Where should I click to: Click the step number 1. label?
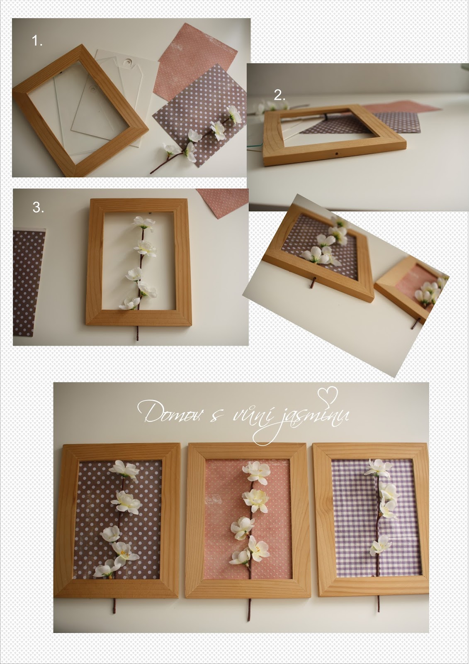click(x=37, y=40)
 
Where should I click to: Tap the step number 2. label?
click(x=279, y=95)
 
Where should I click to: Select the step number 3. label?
click(x=38, y=207)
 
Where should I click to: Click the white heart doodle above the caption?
click(x=327, y=396)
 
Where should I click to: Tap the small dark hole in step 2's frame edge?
click(x=337, y=154)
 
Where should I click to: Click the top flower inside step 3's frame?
click(x=144, y=224)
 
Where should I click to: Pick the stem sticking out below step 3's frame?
click(x=137, y=333)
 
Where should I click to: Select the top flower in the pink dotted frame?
click(x=256, y=471)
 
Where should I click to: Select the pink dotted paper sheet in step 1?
click(x=196, y=61)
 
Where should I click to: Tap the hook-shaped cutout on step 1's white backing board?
click(x=129, y=63)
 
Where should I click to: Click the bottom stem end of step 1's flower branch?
click(x=151, y=173)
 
